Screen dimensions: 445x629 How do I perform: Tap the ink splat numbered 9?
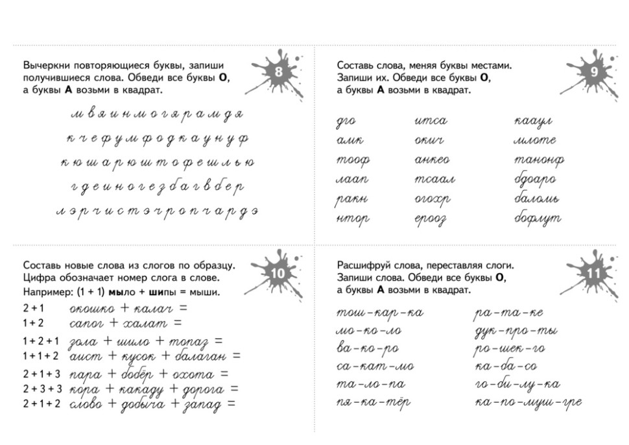(x=593, y=73)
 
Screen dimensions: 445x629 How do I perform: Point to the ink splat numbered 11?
(x=593, y=274)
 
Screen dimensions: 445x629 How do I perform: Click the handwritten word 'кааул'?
(x=533, y=121)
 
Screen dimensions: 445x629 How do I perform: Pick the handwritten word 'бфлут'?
(x=538, y=219)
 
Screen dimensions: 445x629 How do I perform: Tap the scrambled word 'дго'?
(x=346, y=121)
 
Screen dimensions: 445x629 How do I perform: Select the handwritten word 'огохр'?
(x=432, y=199)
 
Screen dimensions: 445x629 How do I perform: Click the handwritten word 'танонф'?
(x=539, y=160)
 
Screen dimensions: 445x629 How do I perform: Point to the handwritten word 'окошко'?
(x=91, y=308)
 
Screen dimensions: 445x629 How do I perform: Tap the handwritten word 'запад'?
(x=202, y=404)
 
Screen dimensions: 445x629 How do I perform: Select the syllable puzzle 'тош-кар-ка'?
(x=380, y=313)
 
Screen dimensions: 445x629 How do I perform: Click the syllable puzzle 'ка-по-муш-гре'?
(x=528, y=403)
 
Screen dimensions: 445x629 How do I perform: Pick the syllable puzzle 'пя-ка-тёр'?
(x=373, y=403)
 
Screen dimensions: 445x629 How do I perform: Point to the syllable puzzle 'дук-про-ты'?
(x=516, y=331)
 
